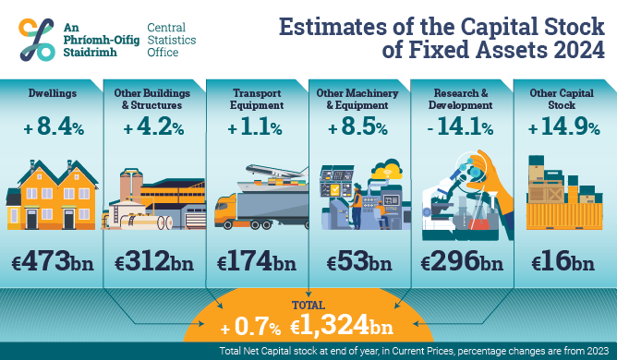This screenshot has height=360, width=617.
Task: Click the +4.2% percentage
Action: pyautogui.click(x=154, y=128)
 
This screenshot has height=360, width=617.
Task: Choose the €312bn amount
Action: pyautogui.click(x=154, y=262)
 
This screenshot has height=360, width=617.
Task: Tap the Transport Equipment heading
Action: pyautogui.click(x=256, y=98)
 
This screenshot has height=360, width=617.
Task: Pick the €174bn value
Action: pyautogui.click(x=256, y=262)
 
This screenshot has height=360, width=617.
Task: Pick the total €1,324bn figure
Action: pyautogui.click(x=343, y=326)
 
